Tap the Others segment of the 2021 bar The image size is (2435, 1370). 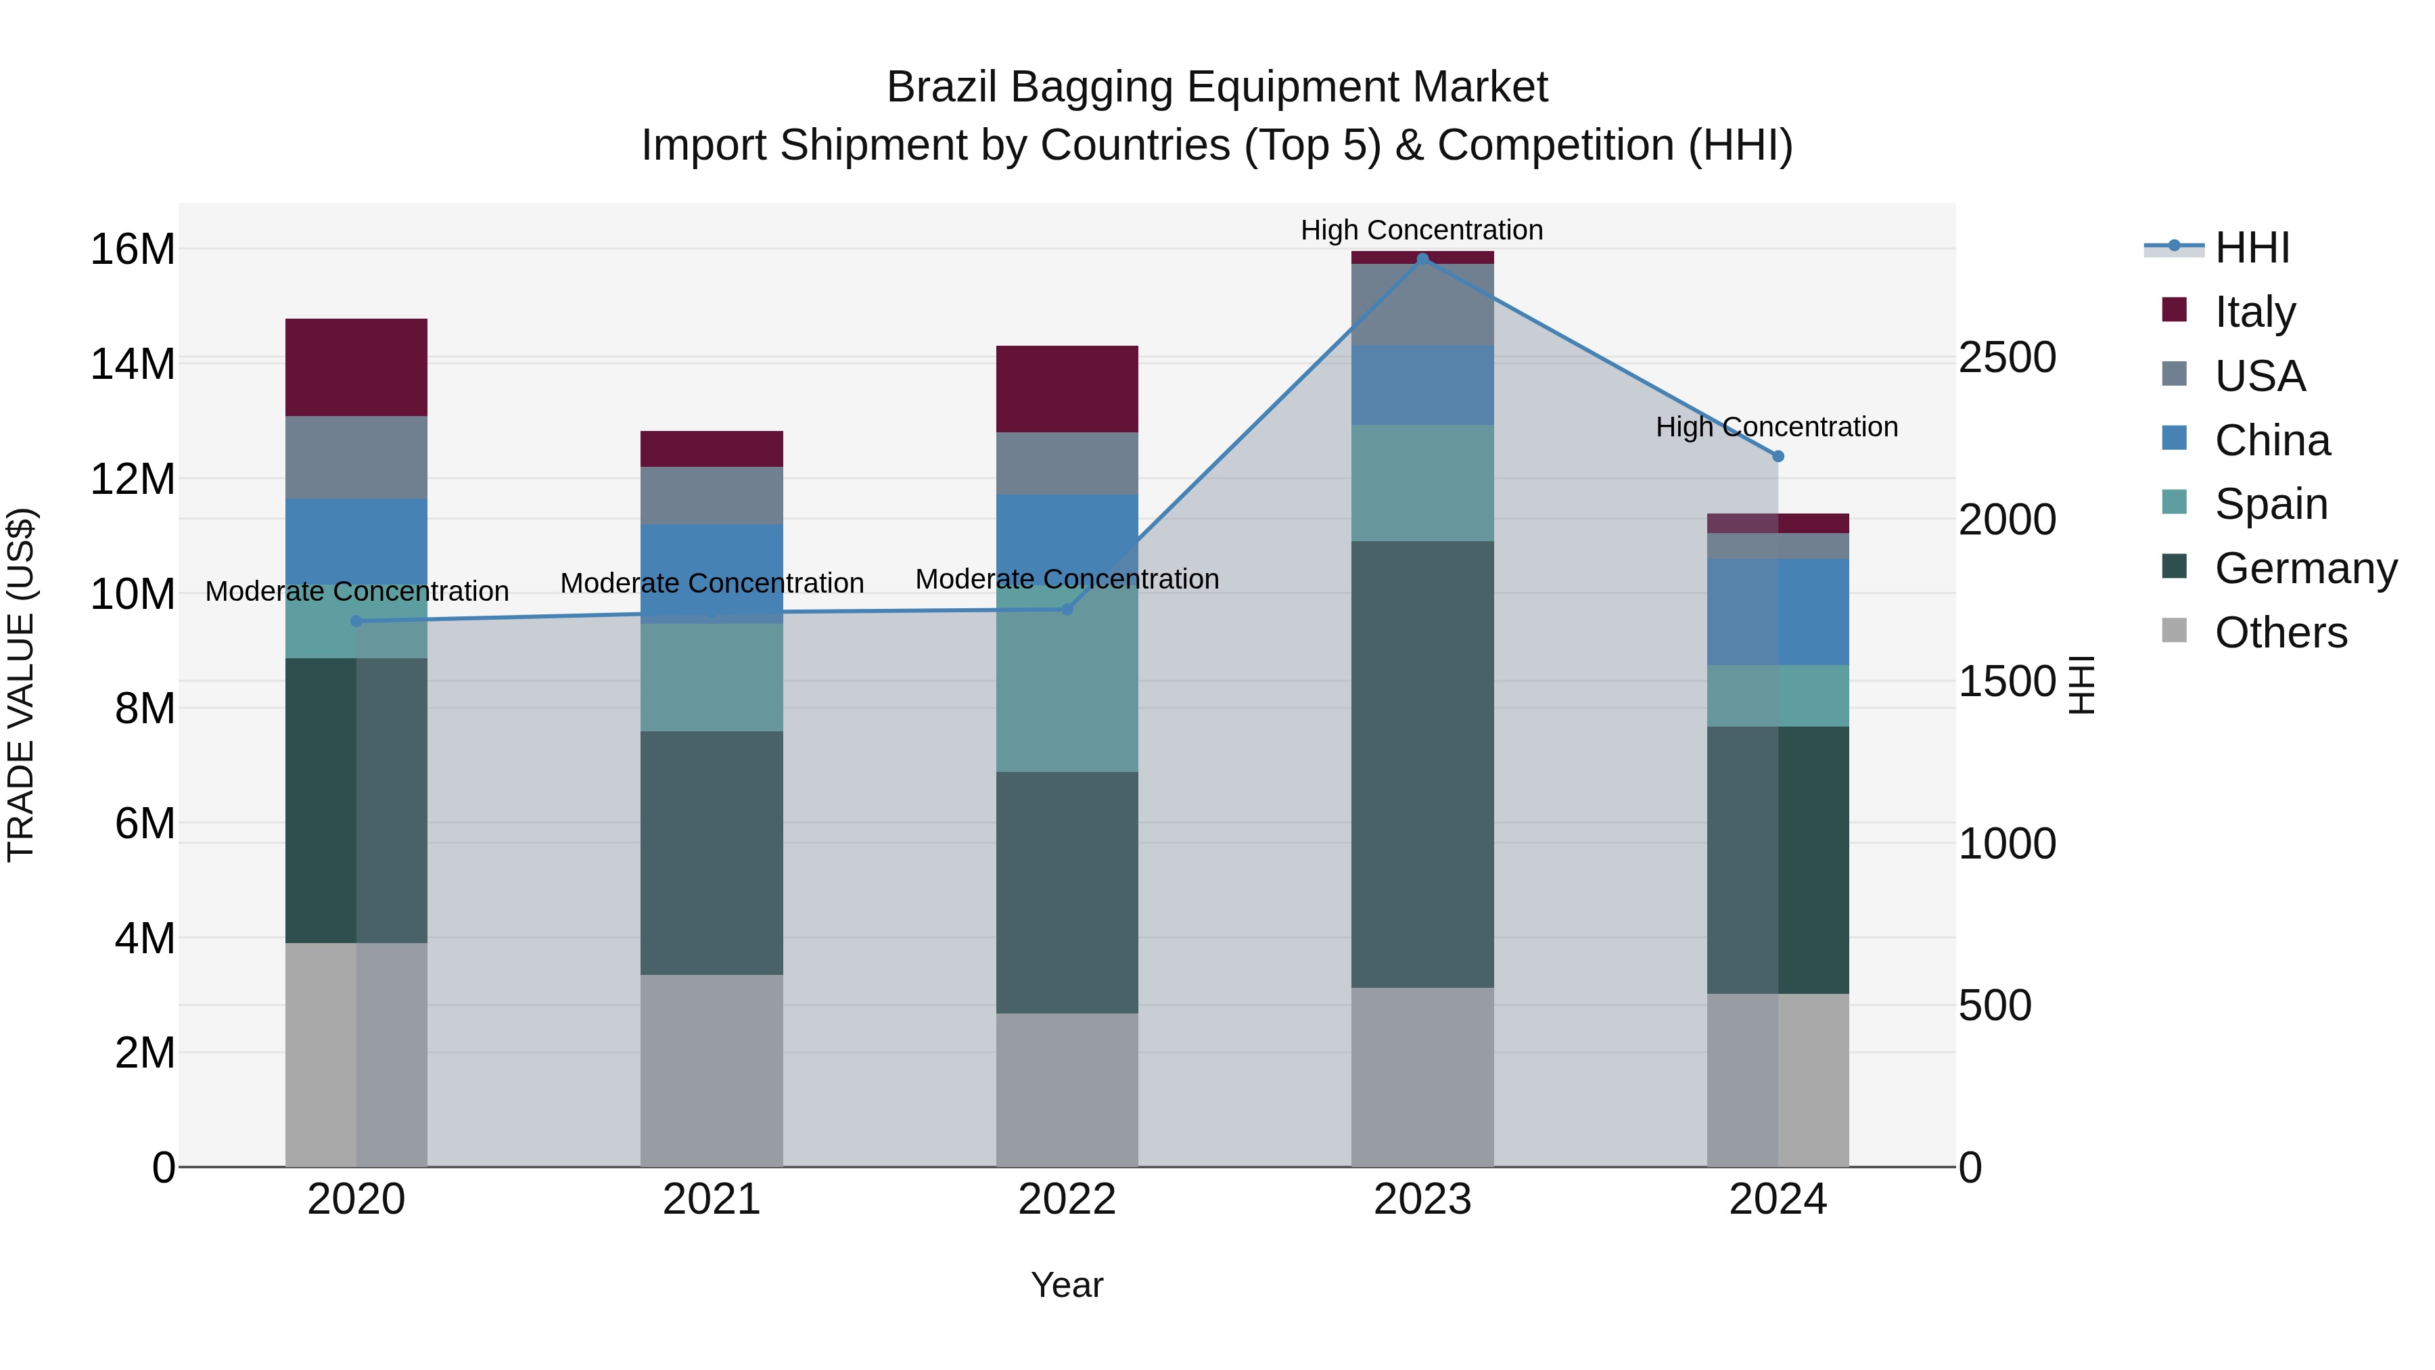click(712, 1070)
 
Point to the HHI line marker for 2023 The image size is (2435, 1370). click(1422, 259)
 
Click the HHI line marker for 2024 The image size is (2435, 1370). click(1778, 456)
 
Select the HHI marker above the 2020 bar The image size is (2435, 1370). click(356, 621)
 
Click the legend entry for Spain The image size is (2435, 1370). click(2269, 504)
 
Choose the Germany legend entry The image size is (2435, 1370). click(2304, 568)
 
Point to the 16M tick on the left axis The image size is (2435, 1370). click(133, 250)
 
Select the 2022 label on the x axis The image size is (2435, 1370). click(1067, 1200)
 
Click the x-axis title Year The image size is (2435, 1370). click(1067, 1285)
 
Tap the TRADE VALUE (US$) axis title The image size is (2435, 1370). click(21, 685)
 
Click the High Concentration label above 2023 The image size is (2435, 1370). click(1422, 230)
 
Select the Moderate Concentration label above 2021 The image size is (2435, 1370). click(712, 583)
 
